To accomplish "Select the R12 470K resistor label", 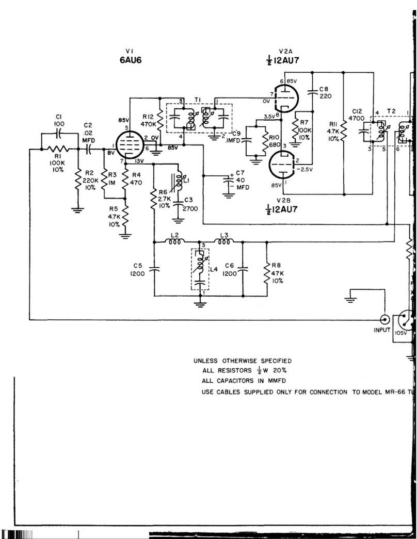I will click(147, 120).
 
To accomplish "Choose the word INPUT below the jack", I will click(383, 331).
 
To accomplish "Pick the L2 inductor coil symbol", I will click(175, 241).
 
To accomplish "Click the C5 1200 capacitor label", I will click(138, 270).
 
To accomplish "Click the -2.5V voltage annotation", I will click(305, 168).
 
